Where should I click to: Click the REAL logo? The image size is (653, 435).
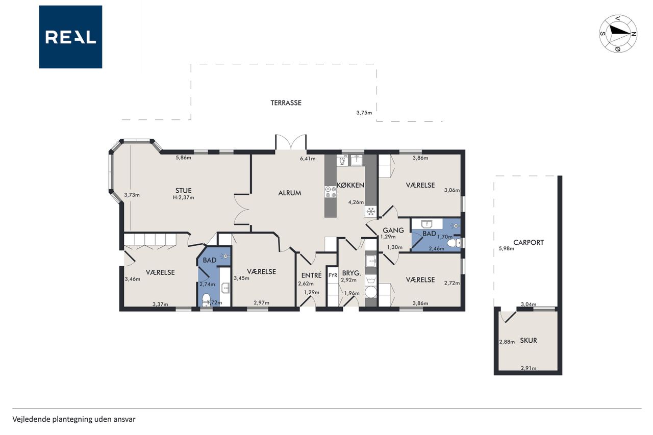click(70, 37)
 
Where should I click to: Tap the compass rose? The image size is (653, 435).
click(618, 34)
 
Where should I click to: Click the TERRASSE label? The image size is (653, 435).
click(286, 103)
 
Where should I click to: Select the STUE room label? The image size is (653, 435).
click(183, 191)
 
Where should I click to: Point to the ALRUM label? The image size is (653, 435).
click(289, 193)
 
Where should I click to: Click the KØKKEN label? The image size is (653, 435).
click(350, 185)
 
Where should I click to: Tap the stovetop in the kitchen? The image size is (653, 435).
click(331, 192)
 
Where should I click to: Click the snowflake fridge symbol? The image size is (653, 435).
click(370, 211)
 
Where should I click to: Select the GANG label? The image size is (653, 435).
click(393, 230)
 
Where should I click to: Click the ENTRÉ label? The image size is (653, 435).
click(311, 275)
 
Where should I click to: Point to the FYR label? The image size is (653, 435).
click(333, 275)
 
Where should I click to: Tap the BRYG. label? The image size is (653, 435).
click(351, 273)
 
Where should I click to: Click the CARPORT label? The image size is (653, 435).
click(528, 242)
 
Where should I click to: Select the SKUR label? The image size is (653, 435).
click(528, 340)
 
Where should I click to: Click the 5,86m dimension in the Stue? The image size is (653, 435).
click(183, 158)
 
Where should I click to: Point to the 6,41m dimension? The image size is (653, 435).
click(308, 159)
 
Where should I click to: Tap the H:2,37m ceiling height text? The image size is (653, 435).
click(183, 197)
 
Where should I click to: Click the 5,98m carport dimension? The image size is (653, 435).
click(507, 248)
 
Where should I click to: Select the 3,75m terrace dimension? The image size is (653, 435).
click(364, 113)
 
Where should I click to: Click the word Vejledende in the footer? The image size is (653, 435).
click(31, 419)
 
